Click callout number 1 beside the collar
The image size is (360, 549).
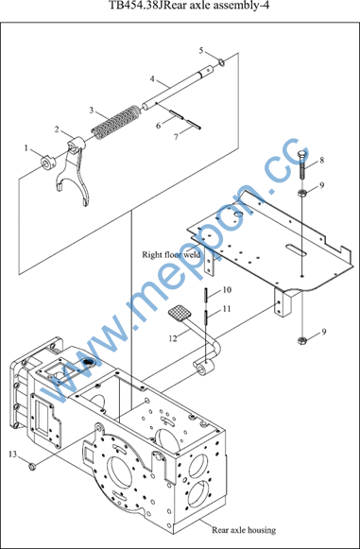26,148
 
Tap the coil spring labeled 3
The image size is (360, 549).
114,122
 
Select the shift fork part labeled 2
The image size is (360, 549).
74,171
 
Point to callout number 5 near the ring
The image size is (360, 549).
201,51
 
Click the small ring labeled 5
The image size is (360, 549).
221,62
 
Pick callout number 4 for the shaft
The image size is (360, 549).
152,78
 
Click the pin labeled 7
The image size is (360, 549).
194,125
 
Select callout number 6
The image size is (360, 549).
159,126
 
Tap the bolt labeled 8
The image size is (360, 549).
301,165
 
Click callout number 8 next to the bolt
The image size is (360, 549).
321,161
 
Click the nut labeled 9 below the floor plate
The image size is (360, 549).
301,340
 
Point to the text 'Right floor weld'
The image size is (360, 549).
171,254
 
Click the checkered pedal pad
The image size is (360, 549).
180,313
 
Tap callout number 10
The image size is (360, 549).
227,289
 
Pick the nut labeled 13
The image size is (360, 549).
32,467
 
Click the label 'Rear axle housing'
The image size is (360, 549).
244,530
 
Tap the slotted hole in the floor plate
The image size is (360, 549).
295,249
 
